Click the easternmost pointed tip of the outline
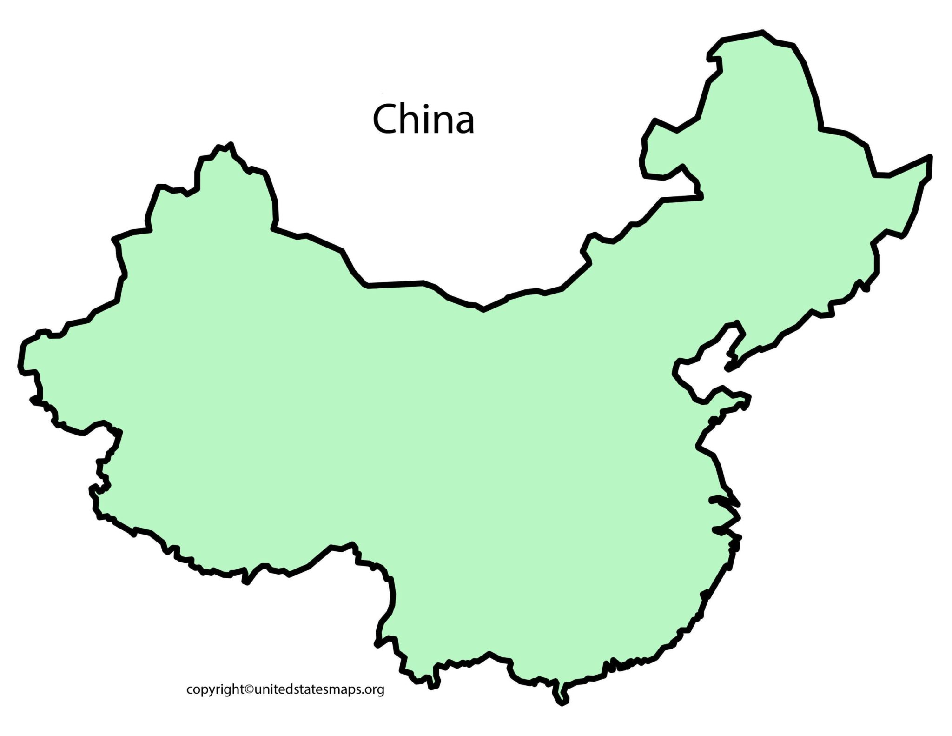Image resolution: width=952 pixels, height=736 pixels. (x=931, y=157)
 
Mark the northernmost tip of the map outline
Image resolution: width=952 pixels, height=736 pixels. (x=762, y=32)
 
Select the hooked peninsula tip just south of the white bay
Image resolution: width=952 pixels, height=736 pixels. (x=747, y=398)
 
